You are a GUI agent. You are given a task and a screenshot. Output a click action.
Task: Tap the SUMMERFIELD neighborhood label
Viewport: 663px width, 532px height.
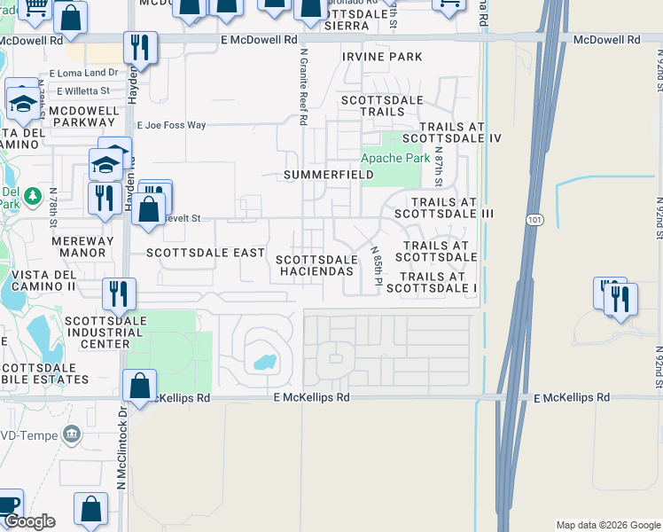click(x=328, y=176)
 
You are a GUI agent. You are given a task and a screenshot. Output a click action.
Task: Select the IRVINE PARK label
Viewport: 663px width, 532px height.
click(x=382, y=57)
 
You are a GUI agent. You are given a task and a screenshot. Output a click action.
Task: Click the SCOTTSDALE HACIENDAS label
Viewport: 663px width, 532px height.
click(x=316, y=265)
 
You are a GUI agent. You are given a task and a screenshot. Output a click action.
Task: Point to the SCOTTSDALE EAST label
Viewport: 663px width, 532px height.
click(x=206, y=253)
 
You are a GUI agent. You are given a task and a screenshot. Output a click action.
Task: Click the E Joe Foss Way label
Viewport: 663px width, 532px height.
click(x=172, y=125)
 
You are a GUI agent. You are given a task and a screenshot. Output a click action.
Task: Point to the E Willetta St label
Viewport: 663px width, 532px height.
click(x=82, y=90)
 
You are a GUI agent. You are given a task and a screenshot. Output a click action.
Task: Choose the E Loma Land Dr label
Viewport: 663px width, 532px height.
click(x=84, y=73)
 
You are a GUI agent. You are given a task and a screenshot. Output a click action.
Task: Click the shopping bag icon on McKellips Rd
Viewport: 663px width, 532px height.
click(x=139, y=387)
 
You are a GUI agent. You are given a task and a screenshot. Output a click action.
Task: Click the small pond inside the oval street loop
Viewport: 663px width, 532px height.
click(x=263, y=361)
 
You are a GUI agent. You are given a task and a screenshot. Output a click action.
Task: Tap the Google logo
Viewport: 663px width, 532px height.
click(x=29, y=521)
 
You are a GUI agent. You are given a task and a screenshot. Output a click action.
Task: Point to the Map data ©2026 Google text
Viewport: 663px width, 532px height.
click(x=607, y=525)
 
